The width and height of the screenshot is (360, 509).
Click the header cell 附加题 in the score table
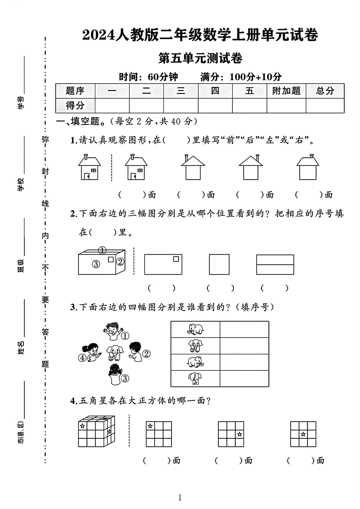(286, 91)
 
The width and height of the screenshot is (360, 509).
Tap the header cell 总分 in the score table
(325, 91)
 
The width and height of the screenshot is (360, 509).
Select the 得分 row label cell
(75, 105)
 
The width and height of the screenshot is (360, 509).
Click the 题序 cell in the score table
(75, 91)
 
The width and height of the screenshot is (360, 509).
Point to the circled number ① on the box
(102, 250)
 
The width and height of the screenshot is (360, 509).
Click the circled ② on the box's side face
(120, 262)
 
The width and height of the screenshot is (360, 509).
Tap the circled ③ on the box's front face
(96, 264)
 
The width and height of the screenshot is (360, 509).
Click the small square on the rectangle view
(176, 259)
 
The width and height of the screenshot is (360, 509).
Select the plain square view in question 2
(219, 264)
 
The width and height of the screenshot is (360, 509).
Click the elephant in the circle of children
(115, 353)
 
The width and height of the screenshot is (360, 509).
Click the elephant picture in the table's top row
(195, 329)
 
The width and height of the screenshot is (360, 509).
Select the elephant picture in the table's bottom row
(195, 378)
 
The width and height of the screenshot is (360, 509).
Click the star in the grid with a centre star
(303, 434)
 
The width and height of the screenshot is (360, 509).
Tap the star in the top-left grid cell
(150, 426)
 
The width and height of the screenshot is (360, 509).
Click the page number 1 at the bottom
(180, 498)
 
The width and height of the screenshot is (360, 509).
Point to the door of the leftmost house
(87, 176)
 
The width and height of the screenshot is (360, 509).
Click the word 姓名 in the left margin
(21, 347)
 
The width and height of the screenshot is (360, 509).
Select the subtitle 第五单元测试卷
(200, 59)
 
